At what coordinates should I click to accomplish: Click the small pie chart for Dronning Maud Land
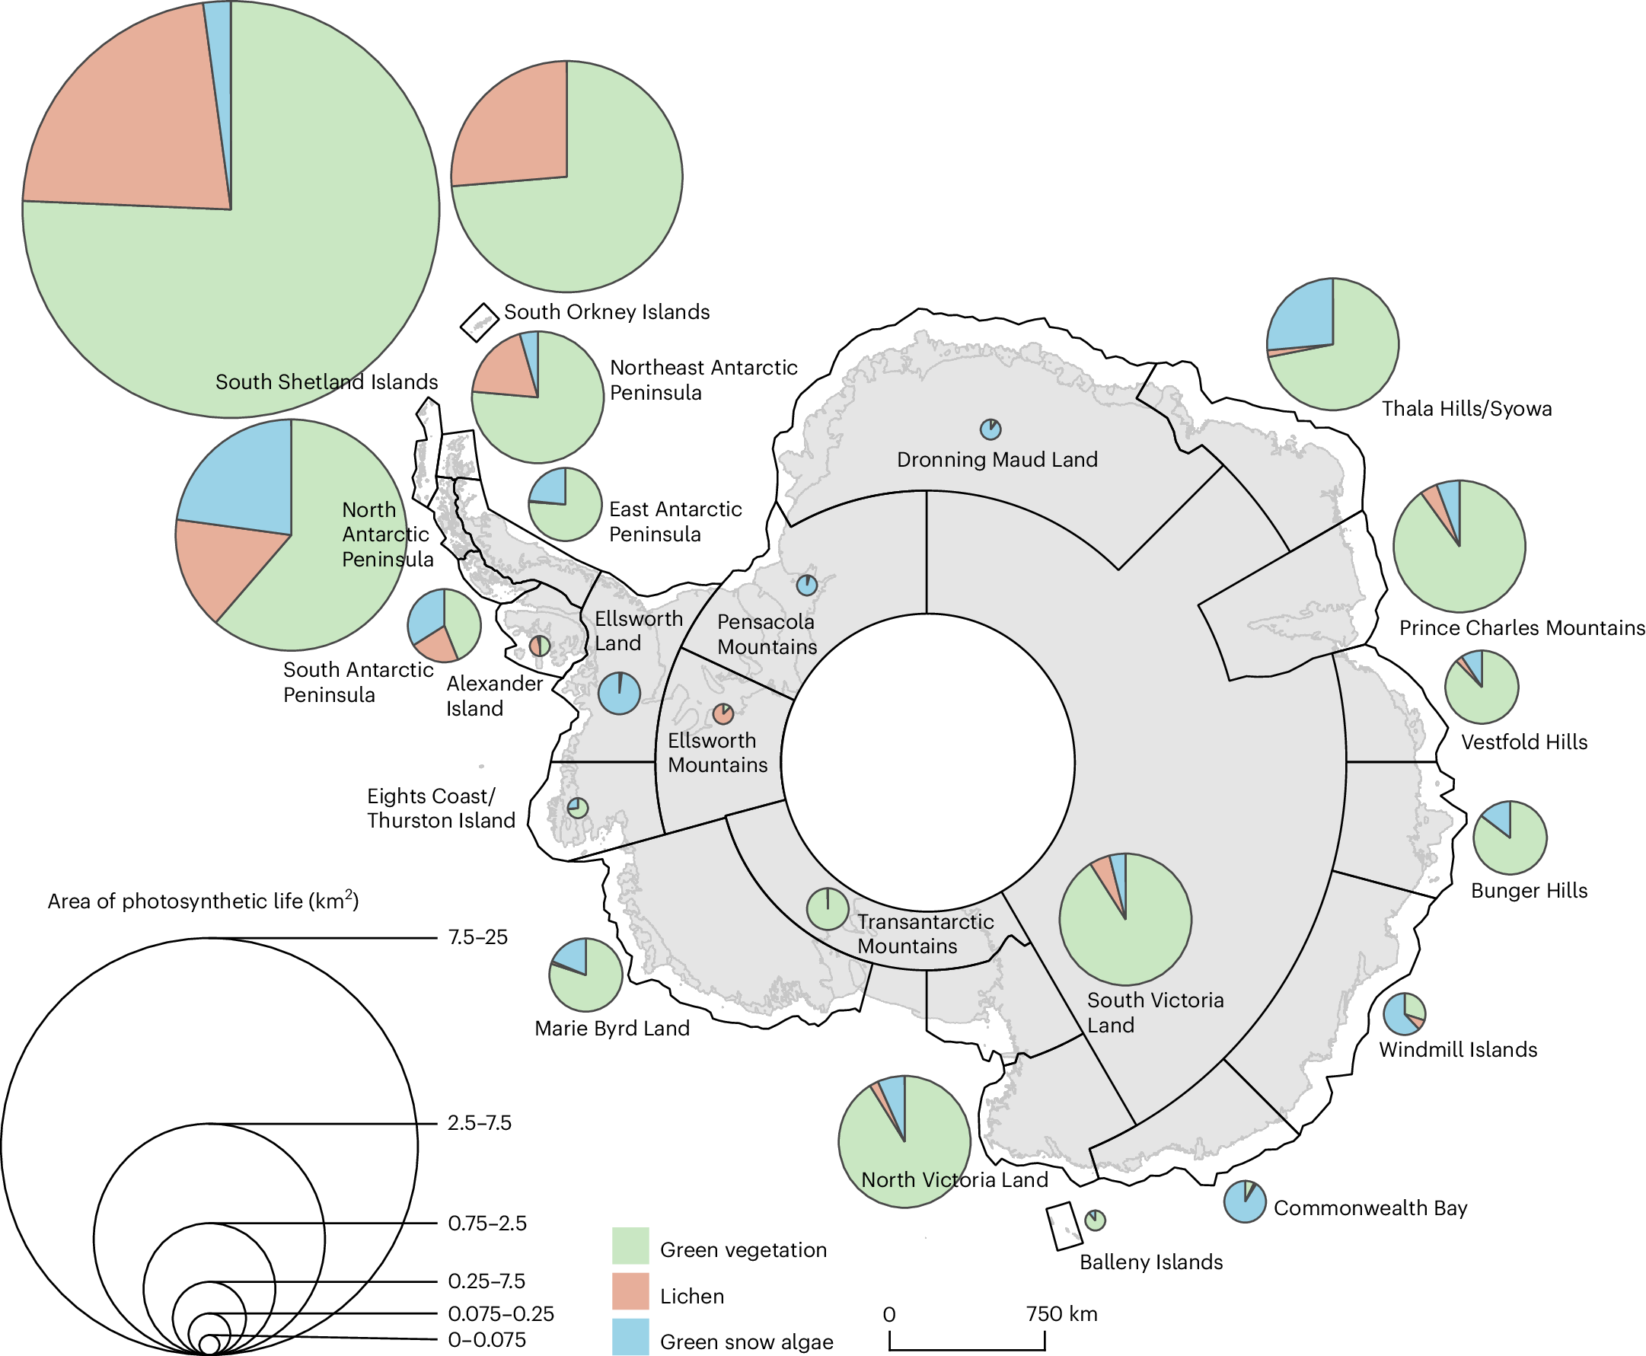click(990, 429)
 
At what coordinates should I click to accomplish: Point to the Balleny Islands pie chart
click(1096, 1220)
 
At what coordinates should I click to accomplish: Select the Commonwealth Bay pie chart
click(1245, 1201)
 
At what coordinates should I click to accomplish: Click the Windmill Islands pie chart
click(1404, 1014)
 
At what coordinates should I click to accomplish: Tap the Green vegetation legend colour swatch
click(630, 1245)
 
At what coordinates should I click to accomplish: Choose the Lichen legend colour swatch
click(630, 1291)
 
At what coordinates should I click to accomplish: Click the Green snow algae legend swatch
click(630, 1336)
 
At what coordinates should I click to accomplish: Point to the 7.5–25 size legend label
click(477, 937)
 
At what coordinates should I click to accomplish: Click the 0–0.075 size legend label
click(486, 1339)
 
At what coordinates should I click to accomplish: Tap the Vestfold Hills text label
click(1524, 742)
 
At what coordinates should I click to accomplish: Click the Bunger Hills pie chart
click(1509, 838)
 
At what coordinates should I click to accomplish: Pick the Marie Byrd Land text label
click(611, 1028)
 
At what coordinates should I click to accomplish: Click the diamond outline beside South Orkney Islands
click(479, 323)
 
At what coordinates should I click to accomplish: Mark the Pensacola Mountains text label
click(767, 634)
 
